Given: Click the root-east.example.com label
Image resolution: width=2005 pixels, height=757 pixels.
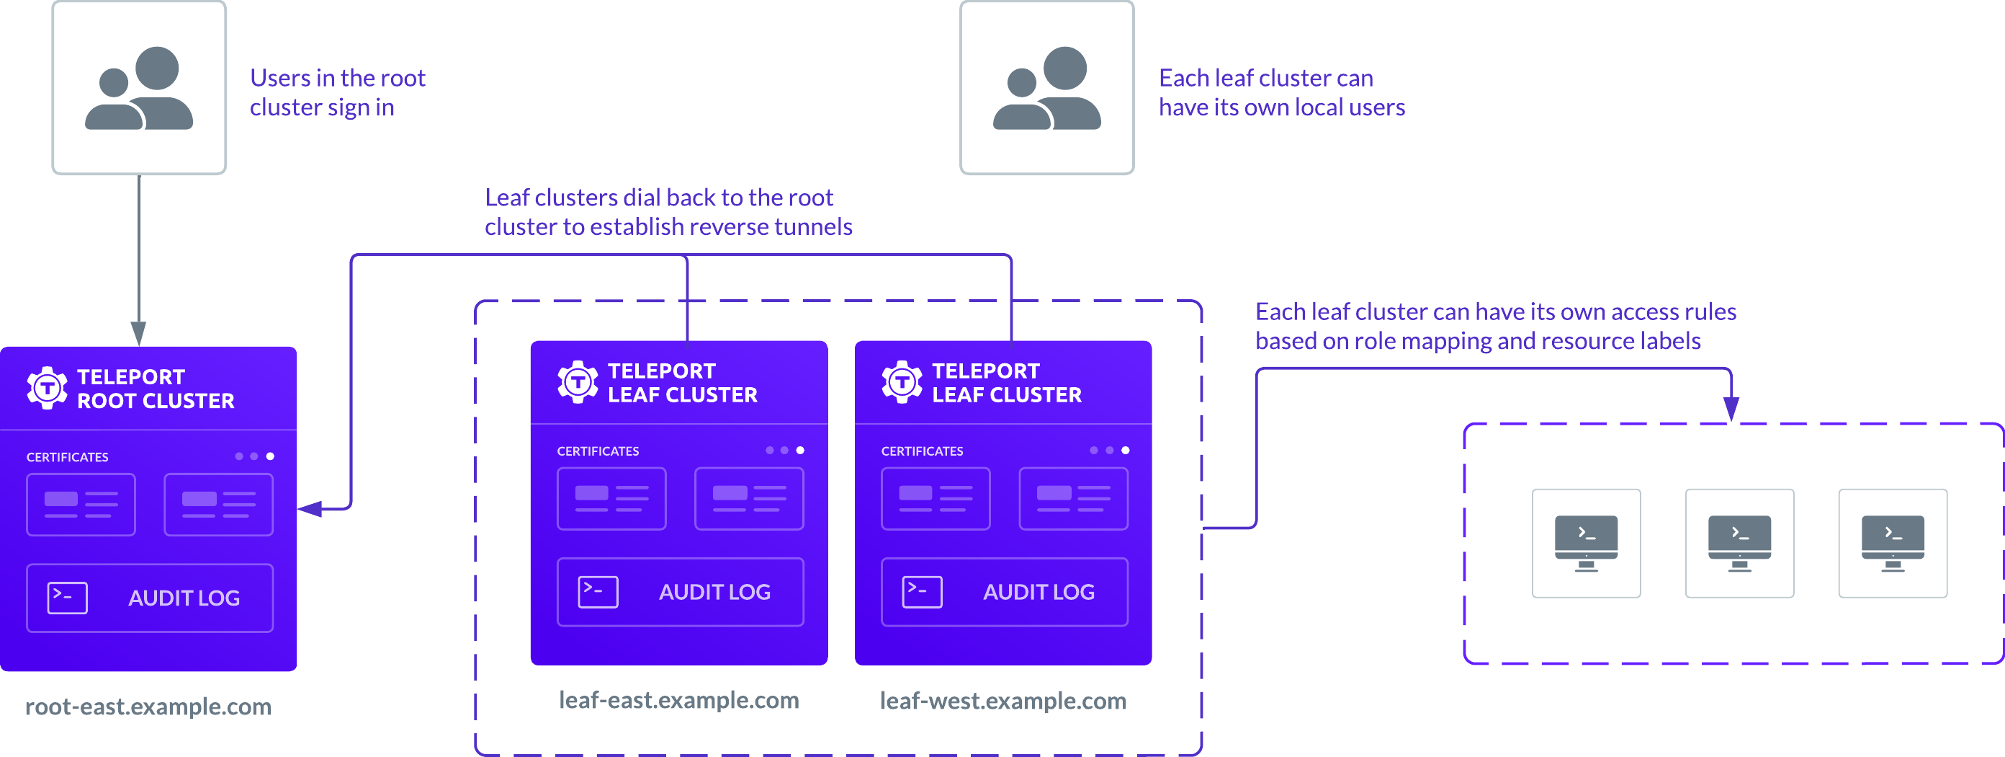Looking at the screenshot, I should click(x=148, y=706).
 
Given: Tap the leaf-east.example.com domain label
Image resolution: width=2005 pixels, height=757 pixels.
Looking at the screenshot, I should click(x=678, y=699).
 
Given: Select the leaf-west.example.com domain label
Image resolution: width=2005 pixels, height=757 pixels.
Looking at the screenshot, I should click(x=1002, y=700).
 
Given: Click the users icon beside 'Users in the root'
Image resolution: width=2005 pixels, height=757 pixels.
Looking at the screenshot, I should click(x=139, y=88).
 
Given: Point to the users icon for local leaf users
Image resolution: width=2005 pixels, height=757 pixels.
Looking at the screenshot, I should click(x=1047, y=88).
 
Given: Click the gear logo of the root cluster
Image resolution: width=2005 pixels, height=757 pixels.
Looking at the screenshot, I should click(x=48, y=388).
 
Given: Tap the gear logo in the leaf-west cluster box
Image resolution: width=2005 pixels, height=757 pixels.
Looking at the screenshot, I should click(x=902, y=381).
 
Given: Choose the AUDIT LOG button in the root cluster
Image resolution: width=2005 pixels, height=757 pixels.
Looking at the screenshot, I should click(x=150, y=598).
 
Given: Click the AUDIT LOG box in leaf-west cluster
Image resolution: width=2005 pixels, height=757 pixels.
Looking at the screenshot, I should click(x=1004, y=592).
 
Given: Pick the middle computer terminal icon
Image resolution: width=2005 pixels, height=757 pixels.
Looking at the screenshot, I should click(x=1739, y=543).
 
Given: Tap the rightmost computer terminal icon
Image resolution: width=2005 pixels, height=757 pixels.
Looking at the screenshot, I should click(x=1892, y=543).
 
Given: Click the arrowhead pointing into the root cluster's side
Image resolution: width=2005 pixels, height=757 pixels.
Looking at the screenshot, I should click(x=310, y=508).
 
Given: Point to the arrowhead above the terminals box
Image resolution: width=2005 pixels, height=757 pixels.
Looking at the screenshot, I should click(x=1731, y=408).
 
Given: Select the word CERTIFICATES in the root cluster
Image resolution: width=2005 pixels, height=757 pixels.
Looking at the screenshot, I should click(x=68, y=457).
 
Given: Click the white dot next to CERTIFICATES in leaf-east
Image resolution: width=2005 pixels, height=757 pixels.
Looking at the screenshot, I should click(x=800, y=450).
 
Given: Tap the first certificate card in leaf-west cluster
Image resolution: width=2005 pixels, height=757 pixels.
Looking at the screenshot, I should click(x=936, y=498).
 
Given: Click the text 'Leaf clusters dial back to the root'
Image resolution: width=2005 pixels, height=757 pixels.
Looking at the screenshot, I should click(x=658, y=198).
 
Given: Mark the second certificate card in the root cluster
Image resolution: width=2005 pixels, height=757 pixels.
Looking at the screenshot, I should click(x=219, y=505).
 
